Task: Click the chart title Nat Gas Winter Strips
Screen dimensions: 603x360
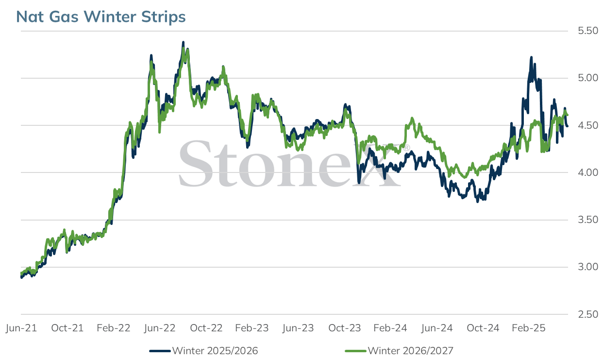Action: (x=101, y=17)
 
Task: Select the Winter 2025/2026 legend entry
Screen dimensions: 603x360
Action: (x=204, y=351)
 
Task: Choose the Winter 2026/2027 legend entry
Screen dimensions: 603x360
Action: (x=399, y=351)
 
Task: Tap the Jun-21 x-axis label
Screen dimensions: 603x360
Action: (x=21, y=328)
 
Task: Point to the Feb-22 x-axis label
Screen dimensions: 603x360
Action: (x=113, y=328)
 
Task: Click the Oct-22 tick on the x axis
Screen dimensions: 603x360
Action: (x=206, y=328)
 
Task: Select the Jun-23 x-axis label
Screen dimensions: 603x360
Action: (x=298, y=328)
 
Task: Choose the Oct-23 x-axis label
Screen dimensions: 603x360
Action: (x=345, y=328)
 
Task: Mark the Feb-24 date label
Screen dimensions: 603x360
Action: (x=390, y=328)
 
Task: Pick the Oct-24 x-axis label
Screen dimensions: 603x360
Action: (x=483, y=328)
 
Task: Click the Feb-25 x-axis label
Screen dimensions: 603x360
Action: (x=529, y=328)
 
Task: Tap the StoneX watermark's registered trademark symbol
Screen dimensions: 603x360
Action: (x=406, y=148)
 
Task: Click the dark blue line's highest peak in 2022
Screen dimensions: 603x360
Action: (x=184, y=42)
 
